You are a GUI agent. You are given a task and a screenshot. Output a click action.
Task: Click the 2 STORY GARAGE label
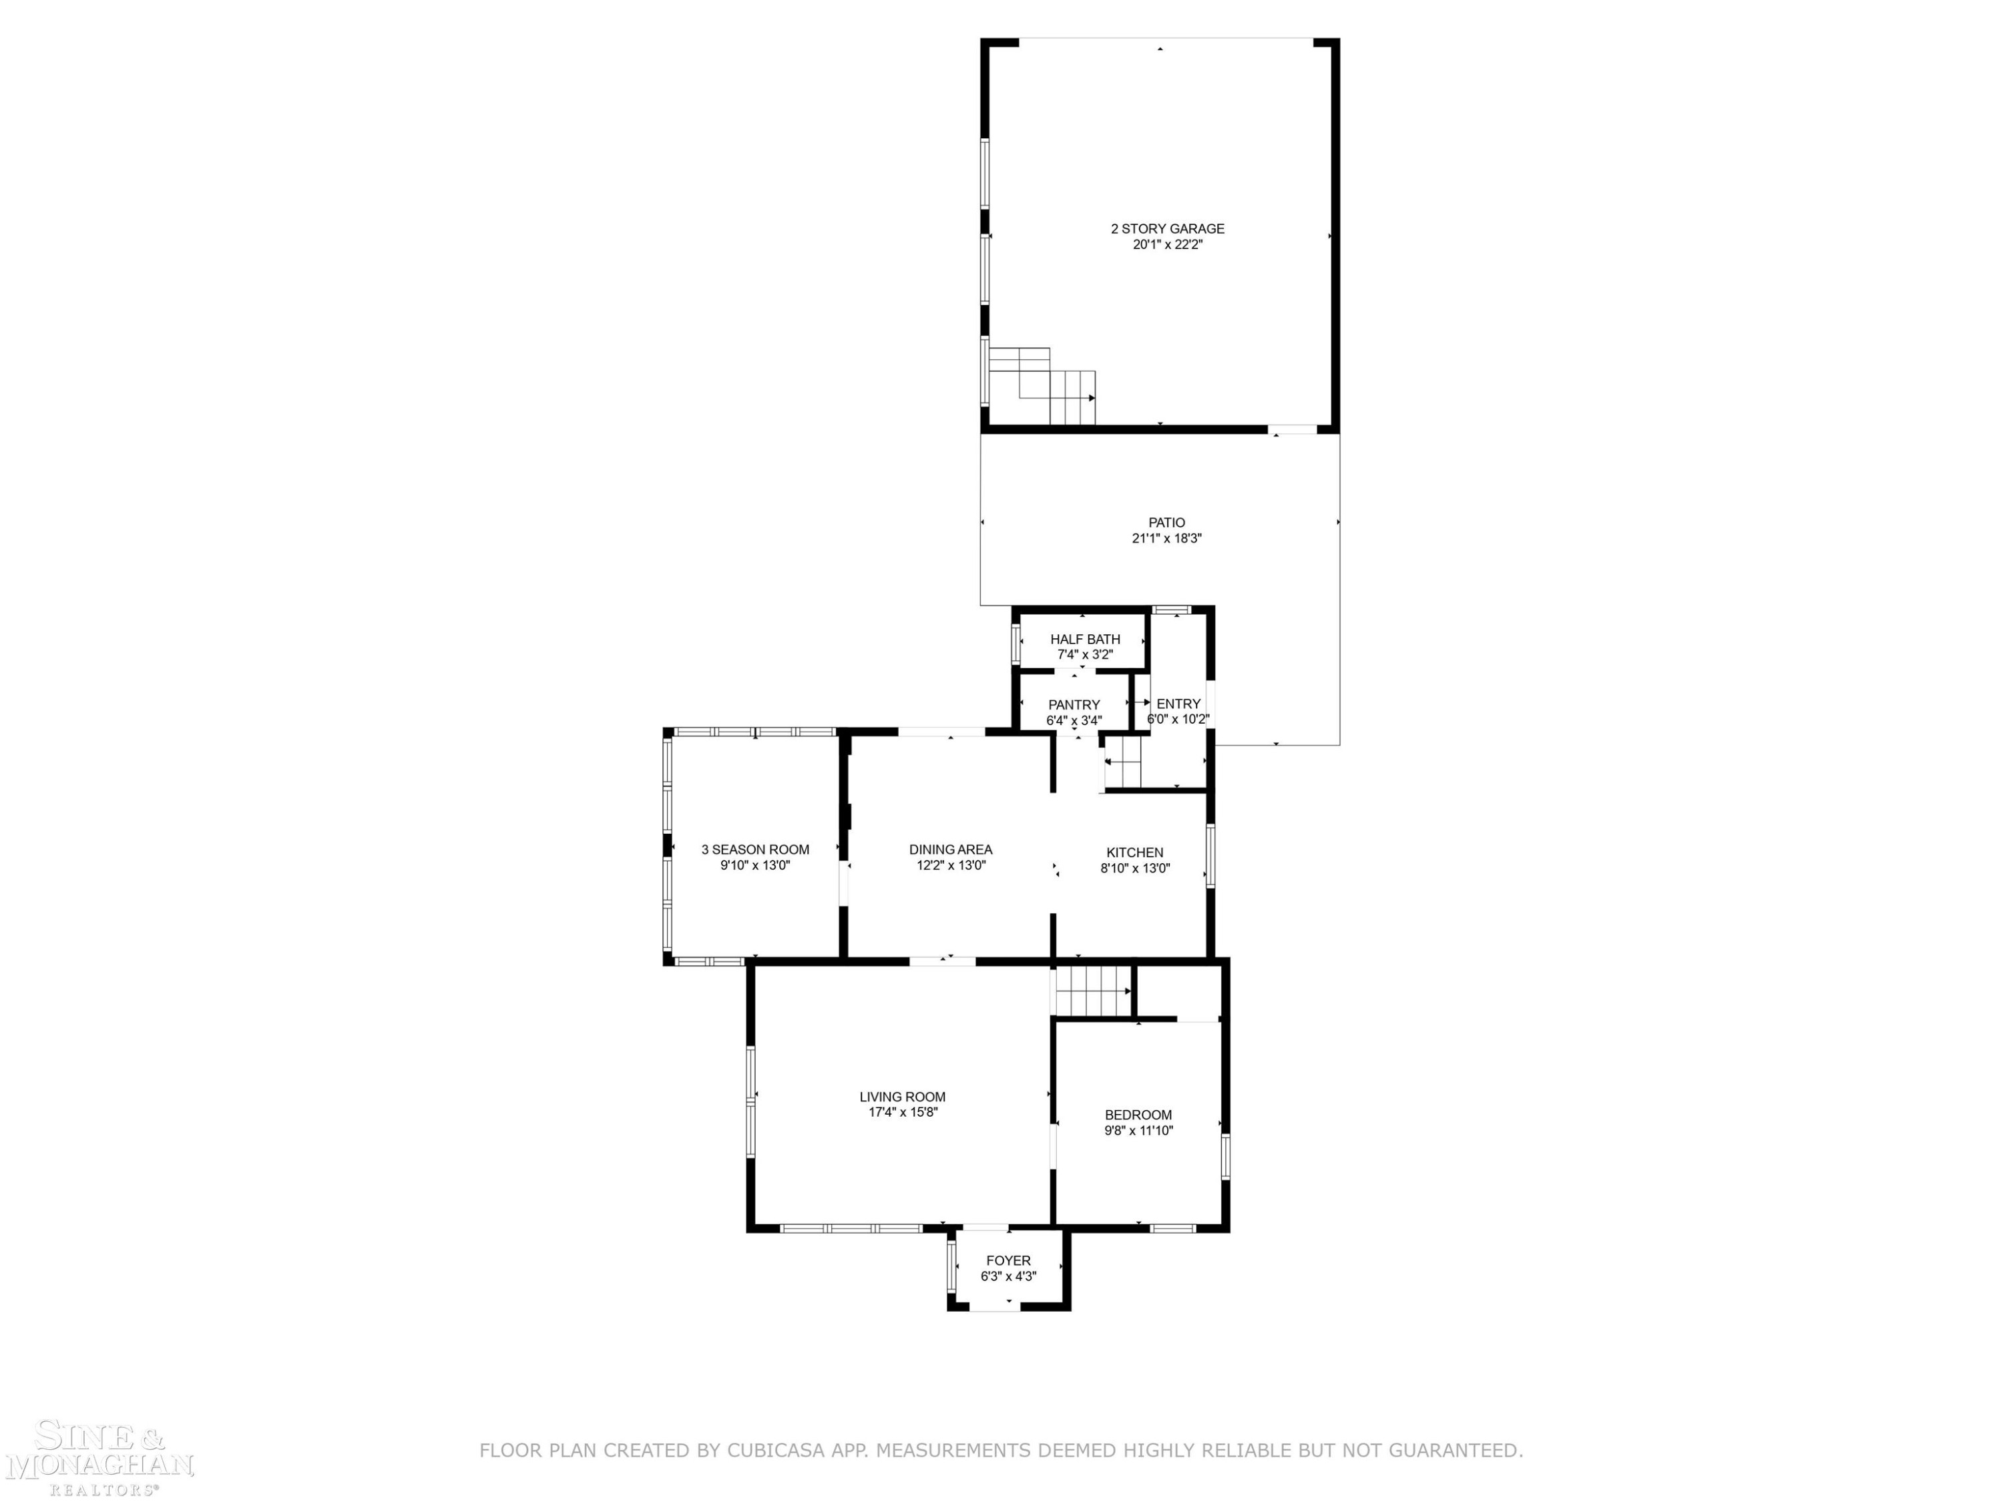click(x=1167, y=229)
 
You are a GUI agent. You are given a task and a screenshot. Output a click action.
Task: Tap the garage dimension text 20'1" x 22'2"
click(x=1167, y=244)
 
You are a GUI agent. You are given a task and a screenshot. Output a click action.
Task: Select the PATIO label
click(x=1166, y=523)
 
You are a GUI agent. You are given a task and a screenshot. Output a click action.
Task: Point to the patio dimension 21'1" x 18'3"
click(x=1166, y=538)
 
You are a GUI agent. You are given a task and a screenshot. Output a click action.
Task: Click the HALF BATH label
click(x=1085, y=640)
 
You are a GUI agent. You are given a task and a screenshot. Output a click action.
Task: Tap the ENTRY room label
click(x=1178, y=704)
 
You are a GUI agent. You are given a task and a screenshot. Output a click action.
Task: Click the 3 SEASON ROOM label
click(x=755, y=849)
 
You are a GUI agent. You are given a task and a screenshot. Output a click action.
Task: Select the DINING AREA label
click(x=951, y=849)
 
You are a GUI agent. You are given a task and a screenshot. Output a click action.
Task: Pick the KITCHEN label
click(x=1134, y=852)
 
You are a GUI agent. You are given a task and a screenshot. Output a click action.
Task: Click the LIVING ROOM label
click(x=903, y=1096)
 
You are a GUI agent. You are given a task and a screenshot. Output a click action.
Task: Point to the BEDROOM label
click(x=1138, y=1115)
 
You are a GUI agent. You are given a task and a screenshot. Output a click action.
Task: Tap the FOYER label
click(x=1008, y=1260)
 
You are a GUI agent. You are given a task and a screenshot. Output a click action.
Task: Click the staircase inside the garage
click(x=1042, y=387)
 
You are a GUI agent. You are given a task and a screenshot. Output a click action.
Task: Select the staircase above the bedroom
click(x=1093, y=991)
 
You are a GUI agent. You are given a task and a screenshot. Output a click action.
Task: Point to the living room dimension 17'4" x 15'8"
click(x=903, y=1111)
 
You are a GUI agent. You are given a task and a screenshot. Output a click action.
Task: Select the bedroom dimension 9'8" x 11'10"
click(x=1138, y=1130)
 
